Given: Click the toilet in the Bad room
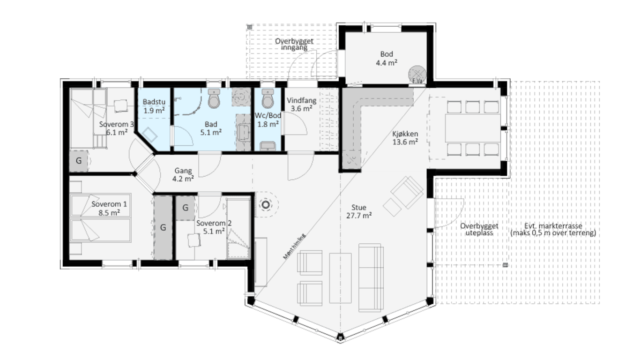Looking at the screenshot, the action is point(214,98).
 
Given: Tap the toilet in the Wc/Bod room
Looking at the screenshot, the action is point(268,98).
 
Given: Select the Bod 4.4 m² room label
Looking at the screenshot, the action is point(387,58).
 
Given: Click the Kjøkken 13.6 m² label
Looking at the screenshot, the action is point(405,138).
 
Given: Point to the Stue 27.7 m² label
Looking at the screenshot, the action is point(359,211).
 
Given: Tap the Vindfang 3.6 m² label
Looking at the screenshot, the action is point(302,105).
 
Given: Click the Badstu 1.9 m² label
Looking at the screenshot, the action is point(154,106).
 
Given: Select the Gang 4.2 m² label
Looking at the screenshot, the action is point(183,175).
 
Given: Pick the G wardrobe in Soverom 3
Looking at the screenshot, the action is point(79,161).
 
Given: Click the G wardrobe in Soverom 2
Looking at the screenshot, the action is point(185,208).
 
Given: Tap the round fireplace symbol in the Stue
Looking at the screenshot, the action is point(266,205).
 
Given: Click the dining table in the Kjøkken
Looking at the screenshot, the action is point(473,128).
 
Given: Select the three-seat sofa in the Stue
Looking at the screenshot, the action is point(371,277).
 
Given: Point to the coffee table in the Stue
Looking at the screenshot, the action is point(340,278).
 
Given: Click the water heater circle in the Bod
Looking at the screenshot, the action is point(417,75).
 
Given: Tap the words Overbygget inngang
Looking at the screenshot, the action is point(294,45).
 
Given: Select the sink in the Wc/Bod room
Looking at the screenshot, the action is point(268,146).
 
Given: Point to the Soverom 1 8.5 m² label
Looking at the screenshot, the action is point(109,209).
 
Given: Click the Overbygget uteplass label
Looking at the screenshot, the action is point(479,229).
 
